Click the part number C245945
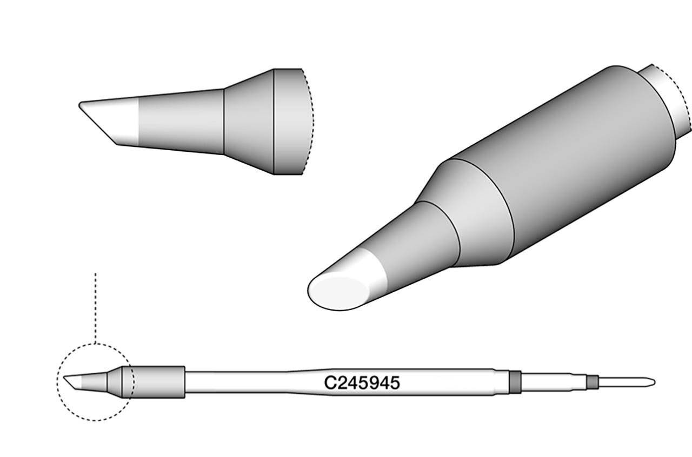click(362, 383)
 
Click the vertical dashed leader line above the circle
click(95, 308)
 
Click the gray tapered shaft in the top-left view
click(181, 122)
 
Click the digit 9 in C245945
click(375, 383)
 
